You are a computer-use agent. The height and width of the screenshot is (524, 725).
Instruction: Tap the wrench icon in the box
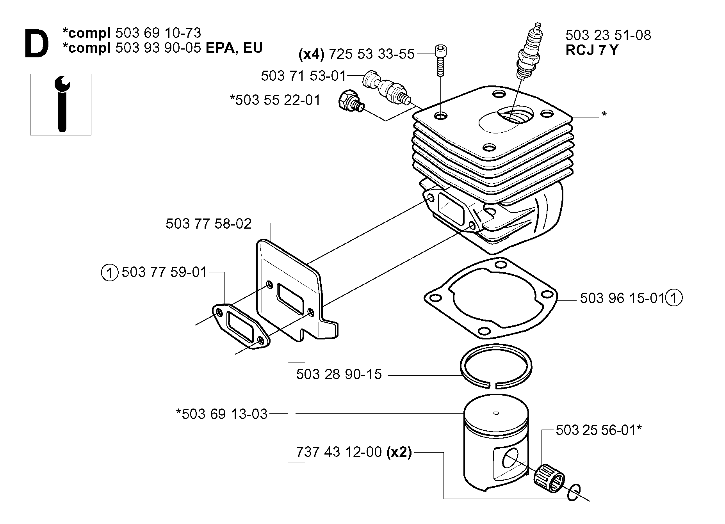[61, 104]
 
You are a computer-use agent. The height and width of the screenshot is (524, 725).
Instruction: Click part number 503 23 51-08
[608, 35]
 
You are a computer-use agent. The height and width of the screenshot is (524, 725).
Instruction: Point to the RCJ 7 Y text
[591, 50]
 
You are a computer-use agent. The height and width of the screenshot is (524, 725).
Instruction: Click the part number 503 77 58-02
[209, 224]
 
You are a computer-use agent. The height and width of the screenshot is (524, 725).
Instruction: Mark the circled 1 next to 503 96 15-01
[674, 298]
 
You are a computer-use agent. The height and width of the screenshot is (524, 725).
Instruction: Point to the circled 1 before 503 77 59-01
[110, 272]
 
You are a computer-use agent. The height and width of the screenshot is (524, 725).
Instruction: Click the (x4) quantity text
[312, 54]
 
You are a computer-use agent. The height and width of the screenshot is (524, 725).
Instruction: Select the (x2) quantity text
[399, 452]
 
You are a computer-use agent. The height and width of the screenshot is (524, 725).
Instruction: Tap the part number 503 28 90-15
[339, 375]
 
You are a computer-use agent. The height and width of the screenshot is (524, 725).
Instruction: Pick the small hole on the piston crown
[496, 413]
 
